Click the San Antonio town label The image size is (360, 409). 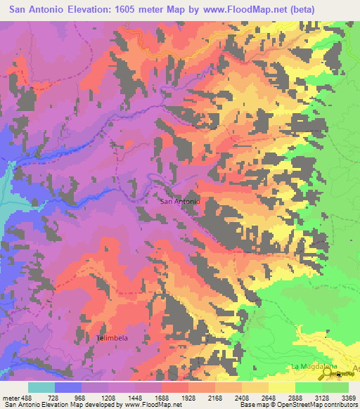click(181, 202)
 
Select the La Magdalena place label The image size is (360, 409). click(314, 367)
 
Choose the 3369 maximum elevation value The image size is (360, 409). click(347, 397)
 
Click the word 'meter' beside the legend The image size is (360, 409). click(11, 397)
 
